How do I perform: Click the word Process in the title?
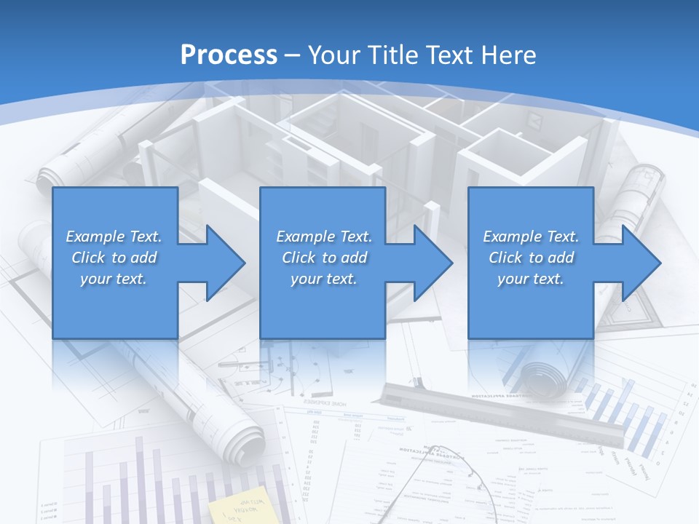tap(229, 55)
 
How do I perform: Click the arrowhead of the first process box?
tap(222, 263)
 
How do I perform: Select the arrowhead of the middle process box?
tap(430, 263)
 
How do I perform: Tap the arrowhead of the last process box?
tap(638, 263)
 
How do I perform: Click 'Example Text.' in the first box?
tap(114, 237)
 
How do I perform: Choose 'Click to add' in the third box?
tap(532, 258)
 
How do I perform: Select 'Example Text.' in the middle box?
tap(324, 237)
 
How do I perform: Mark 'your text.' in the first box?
tap(114, 279)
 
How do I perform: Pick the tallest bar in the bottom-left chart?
tap(138, 480)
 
